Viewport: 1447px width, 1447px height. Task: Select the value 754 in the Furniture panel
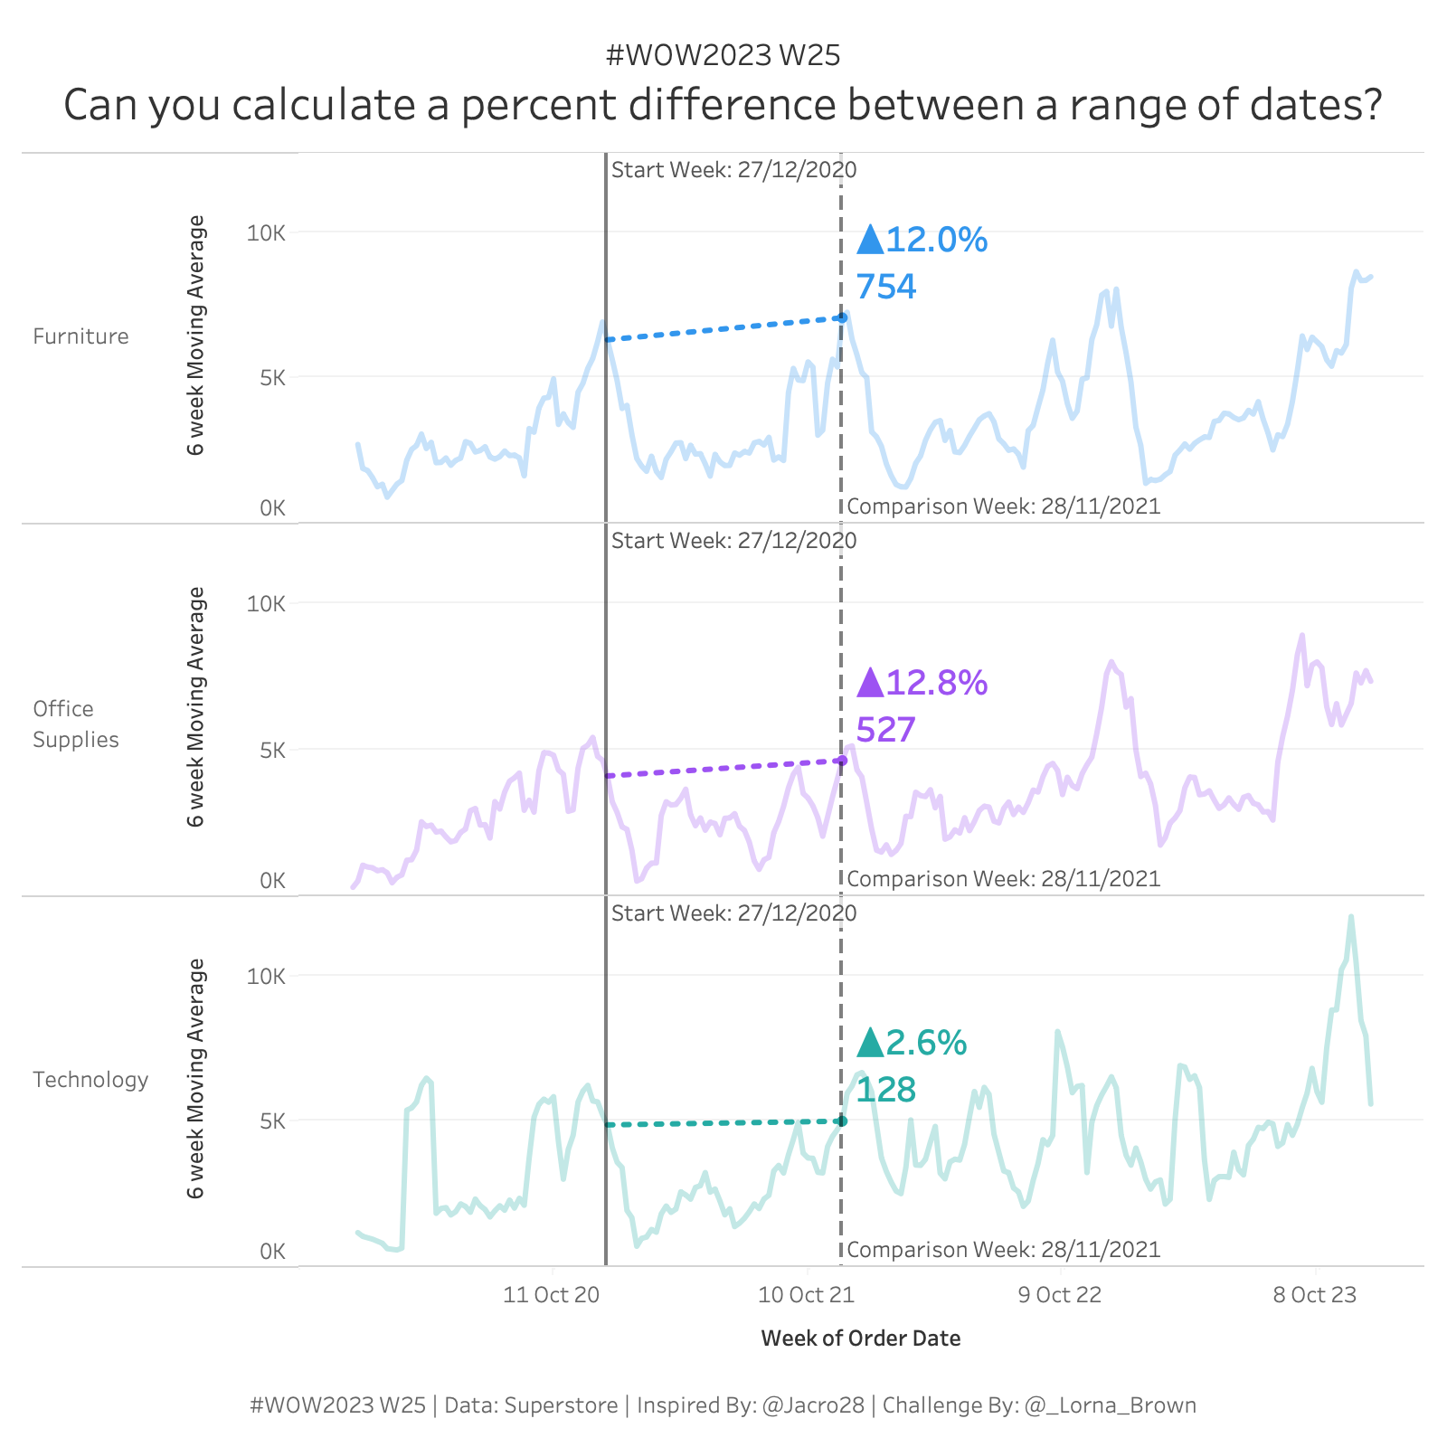886,287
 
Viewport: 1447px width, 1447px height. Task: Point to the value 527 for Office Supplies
886,730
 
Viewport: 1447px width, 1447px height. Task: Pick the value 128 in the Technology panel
886,1090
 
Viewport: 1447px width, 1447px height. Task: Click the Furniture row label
80,336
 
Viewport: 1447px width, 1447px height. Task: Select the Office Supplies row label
76,723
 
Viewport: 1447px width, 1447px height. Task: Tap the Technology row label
90,1080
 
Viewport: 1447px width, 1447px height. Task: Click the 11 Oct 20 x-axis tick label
551,1295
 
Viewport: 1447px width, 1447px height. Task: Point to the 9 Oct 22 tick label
1060,1295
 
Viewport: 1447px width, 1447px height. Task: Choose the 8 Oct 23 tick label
1315,1295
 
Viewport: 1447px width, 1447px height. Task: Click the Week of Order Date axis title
861,1338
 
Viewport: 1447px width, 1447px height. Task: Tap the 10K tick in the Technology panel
266,976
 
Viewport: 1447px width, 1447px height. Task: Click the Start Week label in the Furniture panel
733,170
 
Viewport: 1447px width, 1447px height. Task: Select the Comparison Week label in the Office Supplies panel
1003,879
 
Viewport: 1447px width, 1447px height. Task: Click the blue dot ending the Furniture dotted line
842,317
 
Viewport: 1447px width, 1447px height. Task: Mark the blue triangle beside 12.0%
870,241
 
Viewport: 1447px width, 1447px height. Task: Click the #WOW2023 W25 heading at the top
723,56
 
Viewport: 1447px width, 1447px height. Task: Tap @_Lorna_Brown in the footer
1111,1405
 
